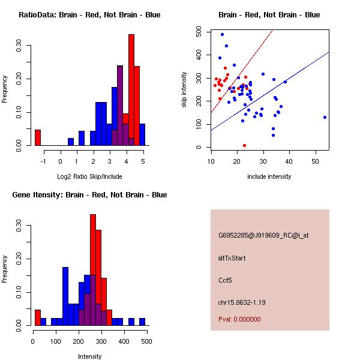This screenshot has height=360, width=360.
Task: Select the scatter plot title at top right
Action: pyautogui.click(x=269, y=15)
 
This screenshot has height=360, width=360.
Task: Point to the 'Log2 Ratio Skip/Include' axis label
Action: pyautogui.click(x=89, y=176)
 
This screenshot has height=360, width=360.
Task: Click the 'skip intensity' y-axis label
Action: pyautogui.click(x=184, y=89)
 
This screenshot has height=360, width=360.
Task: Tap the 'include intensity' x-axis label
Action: pyautogui.click(x=269, y=176)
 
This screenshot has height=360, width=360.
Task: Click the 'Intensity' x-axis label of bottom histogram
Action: pyautogui.click(x=89, y=356)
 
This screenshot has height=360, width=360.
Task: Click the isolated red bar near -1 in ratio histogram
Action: pyautogui.click(x=38, y=137)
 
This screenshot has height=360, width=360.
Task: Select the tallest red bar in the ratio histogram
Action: pyautogui.click(x=131, y=90)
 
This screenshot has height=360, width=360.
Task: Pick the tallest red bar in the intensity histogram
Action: pyautogui.click(x=93, y=270)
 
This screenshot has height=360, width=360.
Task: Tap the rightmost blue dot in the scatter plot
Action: pyautogui.click(x=325, y=117)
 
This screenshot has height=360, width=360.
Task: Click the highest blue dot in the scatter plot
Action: pyautogui.click(x=222, y=34)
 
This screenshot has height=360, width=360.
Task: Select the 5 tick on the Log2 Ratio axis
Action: pyautogui.click(x=143, y=161)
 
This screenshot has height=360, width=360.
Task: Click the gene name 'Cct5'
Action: pyautogui.click(x=226, y=280)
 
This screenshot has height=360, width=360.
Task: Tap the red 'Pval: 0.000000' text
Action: pyautogui.click(x=239, y=319)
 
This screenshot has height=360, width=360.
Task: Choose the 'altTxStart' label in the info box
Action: pyautogui.click(x=232, y=258)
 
